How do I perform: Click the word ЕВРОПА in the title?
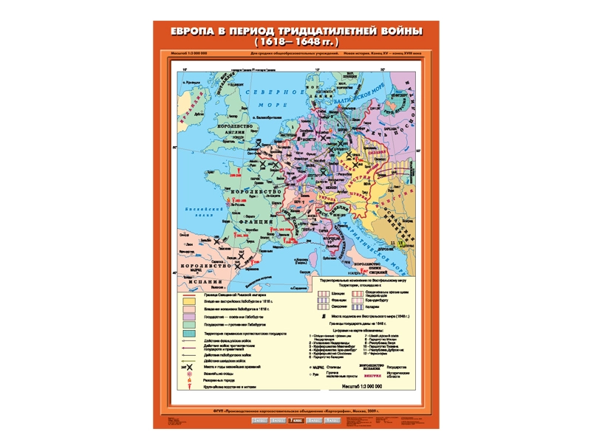[196, 32]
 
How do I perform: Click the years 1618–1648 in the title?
[295, 43]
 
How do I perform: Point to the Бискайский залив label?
[197, 210]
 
